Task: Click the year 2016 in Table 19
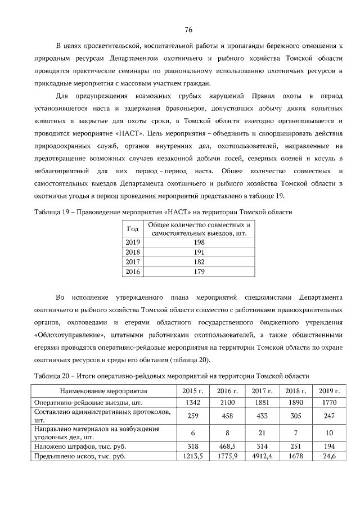(133, 271)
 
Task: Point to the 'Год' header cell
(133, 228)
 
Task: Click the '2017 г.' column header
(262, 391)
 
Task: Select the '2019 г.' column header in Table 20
(330, 391)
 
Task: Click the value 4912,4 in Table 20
(262, 456)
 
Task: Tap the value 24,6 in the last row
(330, 456)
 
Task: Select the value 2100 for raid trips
(228, 402)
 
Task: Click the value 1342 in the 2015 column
(193, 402)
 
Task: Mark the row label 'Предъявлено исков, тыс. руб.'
(80, 456)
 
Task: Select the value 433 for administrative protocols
(262, 415)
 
